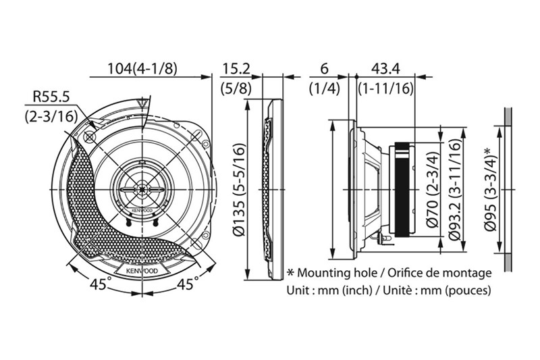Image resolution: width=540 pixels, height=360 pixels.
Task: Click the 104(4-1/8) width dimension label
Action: point(142,68)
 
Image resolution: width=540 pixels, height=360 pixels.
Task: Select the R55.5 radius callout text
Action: point(51,98)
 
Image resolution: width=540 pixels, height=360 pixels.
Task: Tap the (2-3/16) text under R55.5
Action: point(51,116)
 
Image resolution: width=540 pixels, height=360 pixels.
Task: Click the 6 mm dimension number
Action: point(324,68)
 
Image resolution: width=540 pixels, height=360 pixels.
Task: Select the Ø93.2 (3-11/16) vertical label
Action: point(455,191)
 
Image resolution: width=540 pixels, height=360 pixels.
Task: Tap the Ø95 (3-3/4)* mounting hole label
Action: point(491,190)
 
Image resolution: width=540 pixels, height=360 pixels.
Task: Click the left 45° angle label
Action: point(99,285)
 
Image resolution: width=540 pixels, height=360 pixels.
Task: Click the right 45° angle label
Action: point(186,284)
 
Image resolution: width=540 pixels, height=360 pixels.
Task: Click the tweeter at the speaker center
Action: point(142,190)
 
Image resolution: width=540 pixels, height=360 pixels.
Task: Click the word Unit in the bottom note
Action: point(300,291)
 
